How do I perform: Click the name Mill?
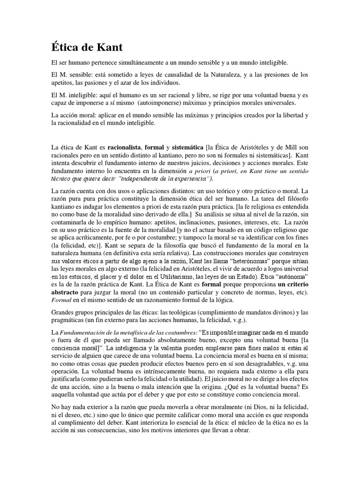296,148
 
